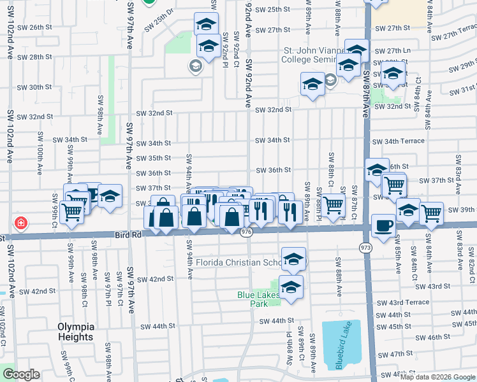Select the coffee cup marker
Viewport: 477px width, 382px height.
pyautogui.click(x=383, y=227)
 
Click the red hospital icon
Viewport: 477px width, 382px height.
pyautogui.click(x=21, y=223)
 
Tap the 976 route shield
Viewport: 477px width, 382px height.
pyautogui.click(x=247, y=234)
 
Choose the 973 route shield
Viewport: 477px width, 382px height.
pyautogui.click(x=365, y=246)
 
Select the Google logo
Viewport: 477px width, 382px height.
pyautogui.click(x=21, y=374)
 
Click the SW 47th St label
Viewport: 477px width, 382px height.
pyautogui.click(x=396, y=353)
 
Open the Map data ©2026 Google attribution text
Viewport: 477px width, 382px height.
pyautogui.click(x=437, y=377)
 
